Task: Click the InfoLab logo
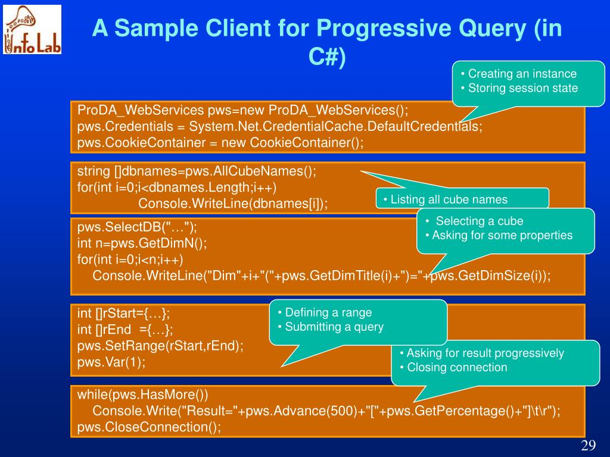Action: pos(32,30)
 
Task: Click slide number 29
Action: pos(589,447)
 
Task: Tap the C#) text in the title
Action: pos(326,58)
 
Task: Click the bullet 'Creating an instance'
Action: pos(522,74)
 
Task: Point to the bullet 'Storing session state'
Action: pos(522,88)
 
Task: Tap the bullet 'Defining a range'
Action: pos(328,312)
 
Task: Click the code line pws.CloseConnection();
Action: pos(149,427)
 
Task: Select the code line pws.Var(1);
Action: pos(111,362)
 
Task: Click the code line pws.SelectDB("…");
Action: pos(137,227)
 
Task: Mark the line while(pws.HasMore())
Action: pos(143,395)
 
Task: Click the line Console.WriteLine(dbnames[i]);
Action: pos(233,204)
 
